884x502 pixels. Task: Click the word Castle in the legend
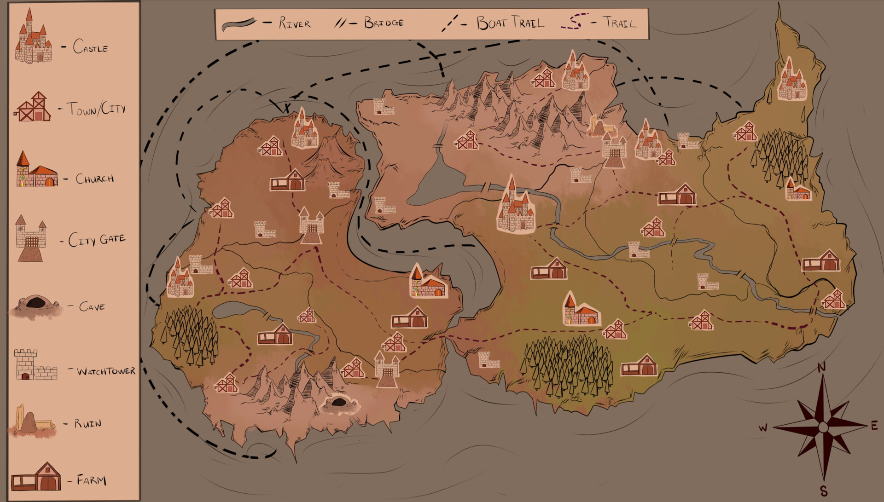pos(90,47)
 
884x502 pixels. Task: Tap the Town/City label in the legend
pos(96,109)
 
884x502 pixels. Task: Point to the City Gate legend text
pos(97,240)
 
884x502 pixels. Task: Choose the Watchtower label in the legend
pos(106,371)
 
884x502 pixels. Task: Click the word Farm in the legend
pos(91,480)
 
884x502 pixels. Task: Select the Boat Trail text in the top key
pos(510,23)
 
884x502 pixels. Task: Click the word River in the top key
pos(295,23)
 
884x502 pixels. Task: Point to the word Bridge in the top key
pos(384,23)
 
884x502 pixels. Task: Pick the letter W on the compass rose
pos(763,428)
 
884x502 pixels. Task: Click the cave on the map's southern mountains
pos(339,403)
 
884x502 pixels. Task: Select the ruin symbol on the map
pos(601,126)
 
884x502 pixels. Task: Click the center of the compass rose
pos(823,427)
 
